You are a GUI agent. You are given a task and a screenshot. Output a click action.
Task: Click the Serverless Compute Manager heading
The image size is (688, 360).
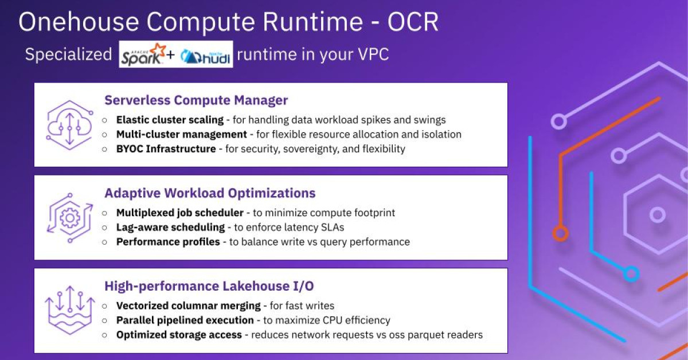196,100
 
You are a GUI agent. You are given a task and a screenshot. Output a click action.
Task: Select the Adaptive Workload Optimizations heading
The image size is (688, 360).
210,193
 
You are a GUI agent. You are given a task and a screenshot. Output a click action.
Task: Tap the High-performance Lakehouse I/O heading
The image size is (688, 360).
209,285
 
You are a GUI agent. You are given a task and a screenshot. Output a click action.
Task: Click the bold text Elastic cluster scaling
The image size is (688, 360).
170,120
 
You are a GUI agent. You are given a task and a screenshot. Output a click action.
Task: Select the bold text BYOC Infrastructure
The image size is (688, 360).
166,148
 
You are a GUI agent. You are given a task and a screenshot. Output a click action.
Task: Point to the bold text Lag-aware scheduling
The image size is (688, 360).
170,227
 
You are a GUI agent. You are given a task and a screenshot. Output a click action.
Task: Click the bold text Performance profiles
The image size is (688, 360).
168,241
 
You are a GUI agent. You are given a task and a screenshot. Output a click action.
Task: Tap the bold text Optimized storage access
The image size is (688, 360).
179,334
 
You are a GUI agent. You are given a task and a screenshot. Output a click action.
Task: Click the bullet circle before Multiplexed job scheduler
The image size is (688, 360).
104,213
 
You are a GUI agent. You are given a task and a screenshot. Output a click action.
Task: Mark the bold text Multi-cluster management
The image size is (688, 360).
182,134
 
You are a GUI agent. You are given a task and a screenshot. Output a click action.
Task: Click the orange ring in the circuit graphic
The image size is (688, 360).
560,233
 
